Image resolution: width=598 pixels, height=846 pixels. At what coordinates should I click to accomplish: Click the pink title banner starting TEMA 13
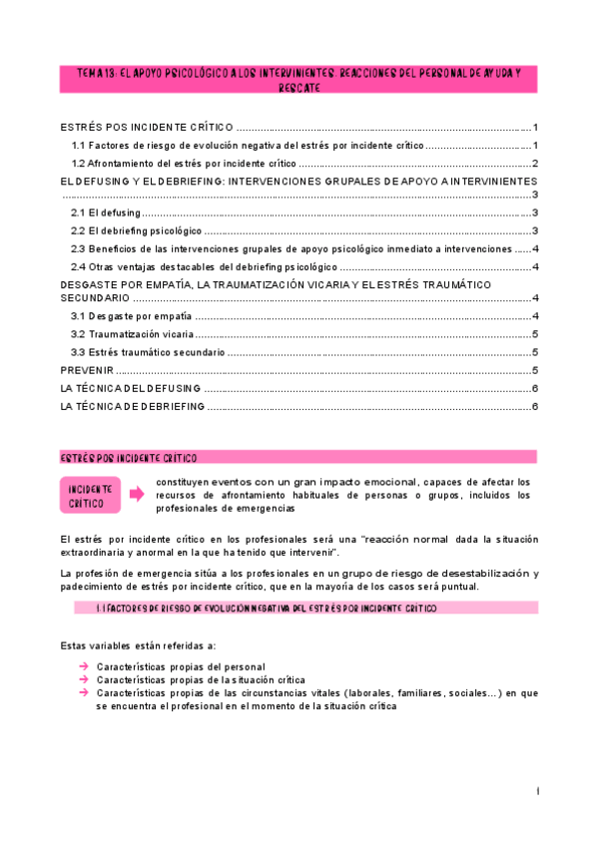point(299,80)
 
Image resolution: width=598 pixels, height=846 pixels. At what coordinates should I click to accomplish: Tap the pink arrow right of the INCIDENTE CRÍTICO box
point(136,491)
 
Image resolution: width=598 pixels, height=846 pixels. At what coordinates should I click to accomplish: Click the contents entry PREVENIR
point(86,370)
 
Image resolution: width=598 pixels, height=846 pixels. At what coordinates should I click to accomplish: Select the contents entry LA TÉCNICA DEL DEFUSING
point(131,388)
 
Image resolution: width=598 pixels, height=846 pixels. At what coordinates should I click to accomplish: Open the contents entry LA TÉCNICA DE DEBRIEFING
point(133,406)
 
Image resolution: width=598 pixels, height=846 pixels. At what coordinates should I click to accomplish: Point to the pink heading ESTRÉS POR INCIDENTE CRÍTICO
point(299,457)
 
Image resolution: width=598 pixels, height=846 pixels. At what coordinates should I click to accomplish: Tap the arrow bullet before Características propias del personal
point(85,666)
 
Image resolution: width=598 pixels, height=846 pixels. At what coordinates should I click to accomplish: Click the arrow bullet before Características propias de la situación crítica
point(85,679)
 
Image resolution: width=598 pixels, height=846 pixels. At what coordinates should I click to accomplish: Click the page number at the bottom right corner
point(538,791)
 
